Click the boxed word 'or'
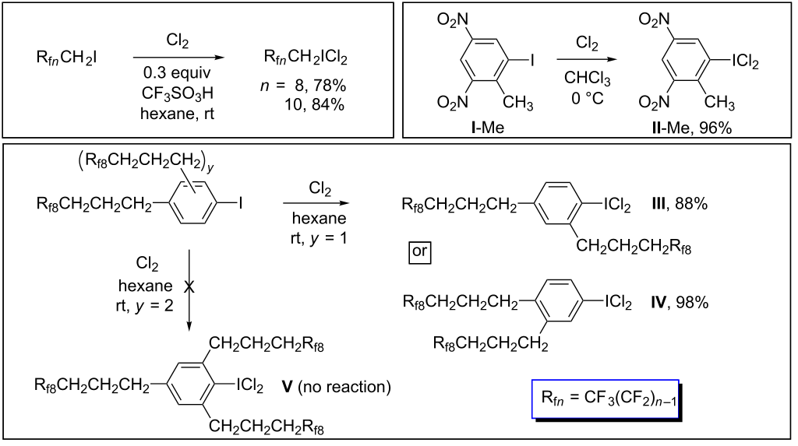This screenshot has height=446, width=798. [420, 252]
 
